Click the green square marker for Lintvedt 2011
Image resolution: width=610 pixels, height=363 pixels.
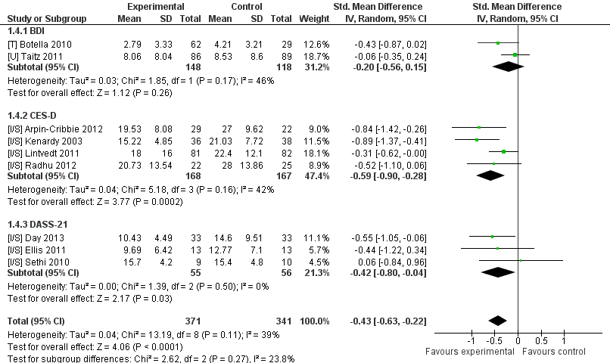pyautogui.click(x=503, y=152)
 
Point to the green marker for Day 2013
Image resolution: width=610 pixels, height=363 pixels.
pyautogui.click(x=492, y=237)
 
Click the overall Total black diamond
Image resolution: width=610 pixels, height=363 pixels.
pyautogui.click(x=497, y=321)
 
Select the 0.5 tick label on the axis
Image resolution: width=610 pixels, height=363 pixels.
pyautogui.click(x=541, y=341)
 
